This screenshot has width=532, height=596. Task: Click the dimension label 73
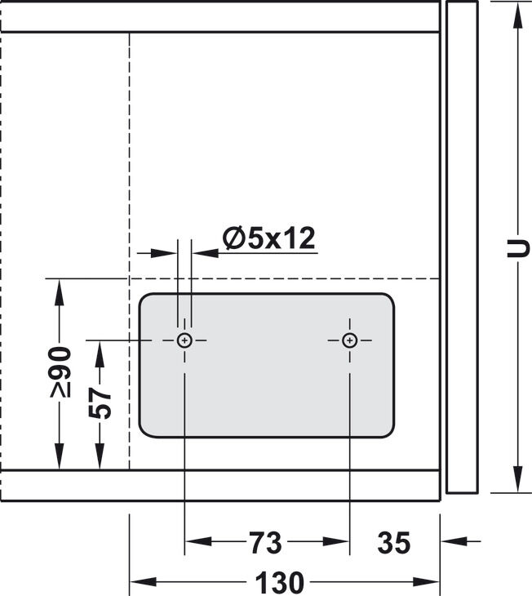coord(266,543)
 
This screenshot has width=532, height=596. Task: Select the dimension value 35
coord(394,543)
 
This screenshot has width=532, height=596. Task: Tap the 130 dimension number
coord(280,582)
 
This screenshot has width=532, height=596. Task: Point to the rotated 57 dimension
coord(100,403)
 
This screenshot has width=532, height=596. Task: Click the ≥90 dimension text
coord(60,371)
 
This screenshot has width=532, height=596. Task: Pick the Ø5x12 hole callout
coord(269,238)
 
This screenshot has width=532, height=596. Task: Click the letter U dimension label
coord(517,248)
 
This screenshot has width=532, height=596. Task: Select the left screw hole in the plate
coord(184,340)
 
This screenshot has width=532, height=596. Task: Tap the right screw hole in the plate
coord(349,340)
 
